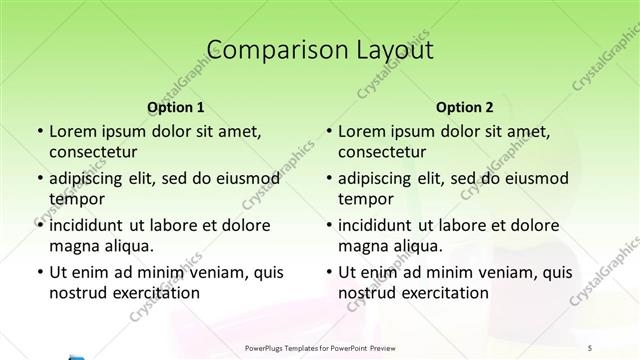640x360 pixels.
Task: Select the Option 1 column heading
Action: (176, 108)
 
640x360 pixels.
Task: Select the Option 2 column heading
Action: (465, 108)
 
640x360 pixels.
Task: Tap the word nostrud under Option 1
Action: (76, 293)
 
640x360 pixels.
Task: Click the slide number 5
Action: (619, 349)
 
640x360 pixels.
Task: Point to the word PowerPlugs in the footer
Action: (267, 349)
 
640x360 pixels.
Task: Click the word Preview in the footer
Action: (395, 349)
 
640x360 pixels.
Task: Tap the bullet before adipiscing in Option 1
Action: (40, 180)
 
